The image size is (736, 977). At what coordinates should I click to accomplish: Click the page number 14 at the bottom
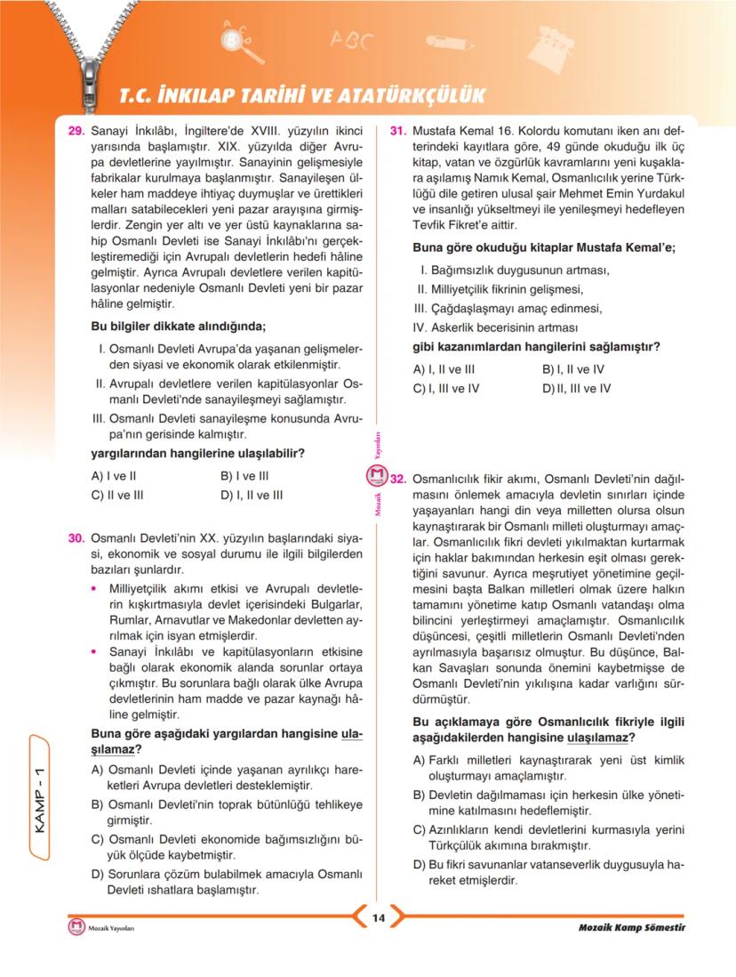tap(377, 919)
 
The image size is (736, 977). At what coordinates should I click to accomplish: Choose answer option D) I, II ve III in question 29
tap(252, 496)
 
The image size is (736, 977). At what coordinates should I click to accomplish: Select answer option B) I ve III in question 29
tap(244, 476)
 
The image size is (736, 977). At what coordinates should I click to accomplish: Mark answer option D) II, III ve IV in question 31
tap(577, 389)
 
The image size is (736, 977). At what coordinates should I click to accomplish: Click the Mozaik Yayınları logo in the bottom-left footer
tap(76, 928)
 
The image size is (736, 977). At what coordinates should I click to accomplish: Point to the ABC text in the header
tap(353, 39)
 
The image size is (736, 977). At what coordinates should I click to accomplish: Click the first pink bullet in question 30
tap(96, 588)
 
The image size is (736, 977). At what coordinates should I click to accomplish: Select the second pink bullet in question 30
tap(96, 652)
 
